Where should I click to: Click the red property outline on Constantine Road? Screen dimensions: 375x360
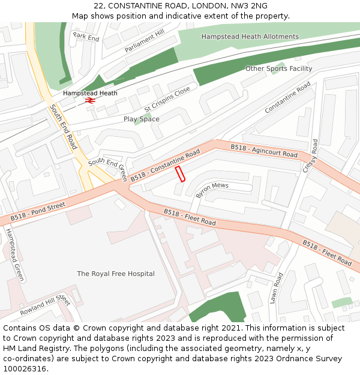[180, 174]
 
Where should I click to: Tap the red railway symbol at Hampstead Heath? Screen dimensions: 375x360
[90, 101]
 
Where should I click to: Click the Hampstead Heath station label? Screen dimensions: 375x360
[90, 93]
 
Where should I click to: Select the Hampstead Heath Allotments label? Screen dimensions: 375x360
[250, 37]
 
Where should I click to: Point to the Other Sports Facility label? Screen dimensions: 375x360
[278, 68]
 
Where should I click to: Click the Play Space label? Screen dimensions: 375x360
[142, 119]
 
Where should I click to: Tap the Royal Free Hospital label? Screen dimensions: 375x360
[116, 274]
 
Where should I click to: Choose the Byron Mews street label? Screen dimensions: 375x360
[212, 190]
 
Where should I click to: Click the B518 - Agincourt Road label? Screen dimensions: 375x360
[264, 151]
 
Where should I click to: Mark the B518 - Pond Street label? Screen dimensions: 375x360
[37, 212]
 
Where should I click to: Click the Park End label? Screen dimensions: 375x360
[86, 37]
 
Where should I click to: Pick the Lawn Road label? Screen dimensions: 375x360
[276, 288]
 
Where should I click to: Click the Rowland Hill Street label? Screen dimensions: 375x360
[45, 306]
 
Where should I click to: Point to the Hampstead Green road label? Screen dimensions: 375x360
[15, 254]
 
